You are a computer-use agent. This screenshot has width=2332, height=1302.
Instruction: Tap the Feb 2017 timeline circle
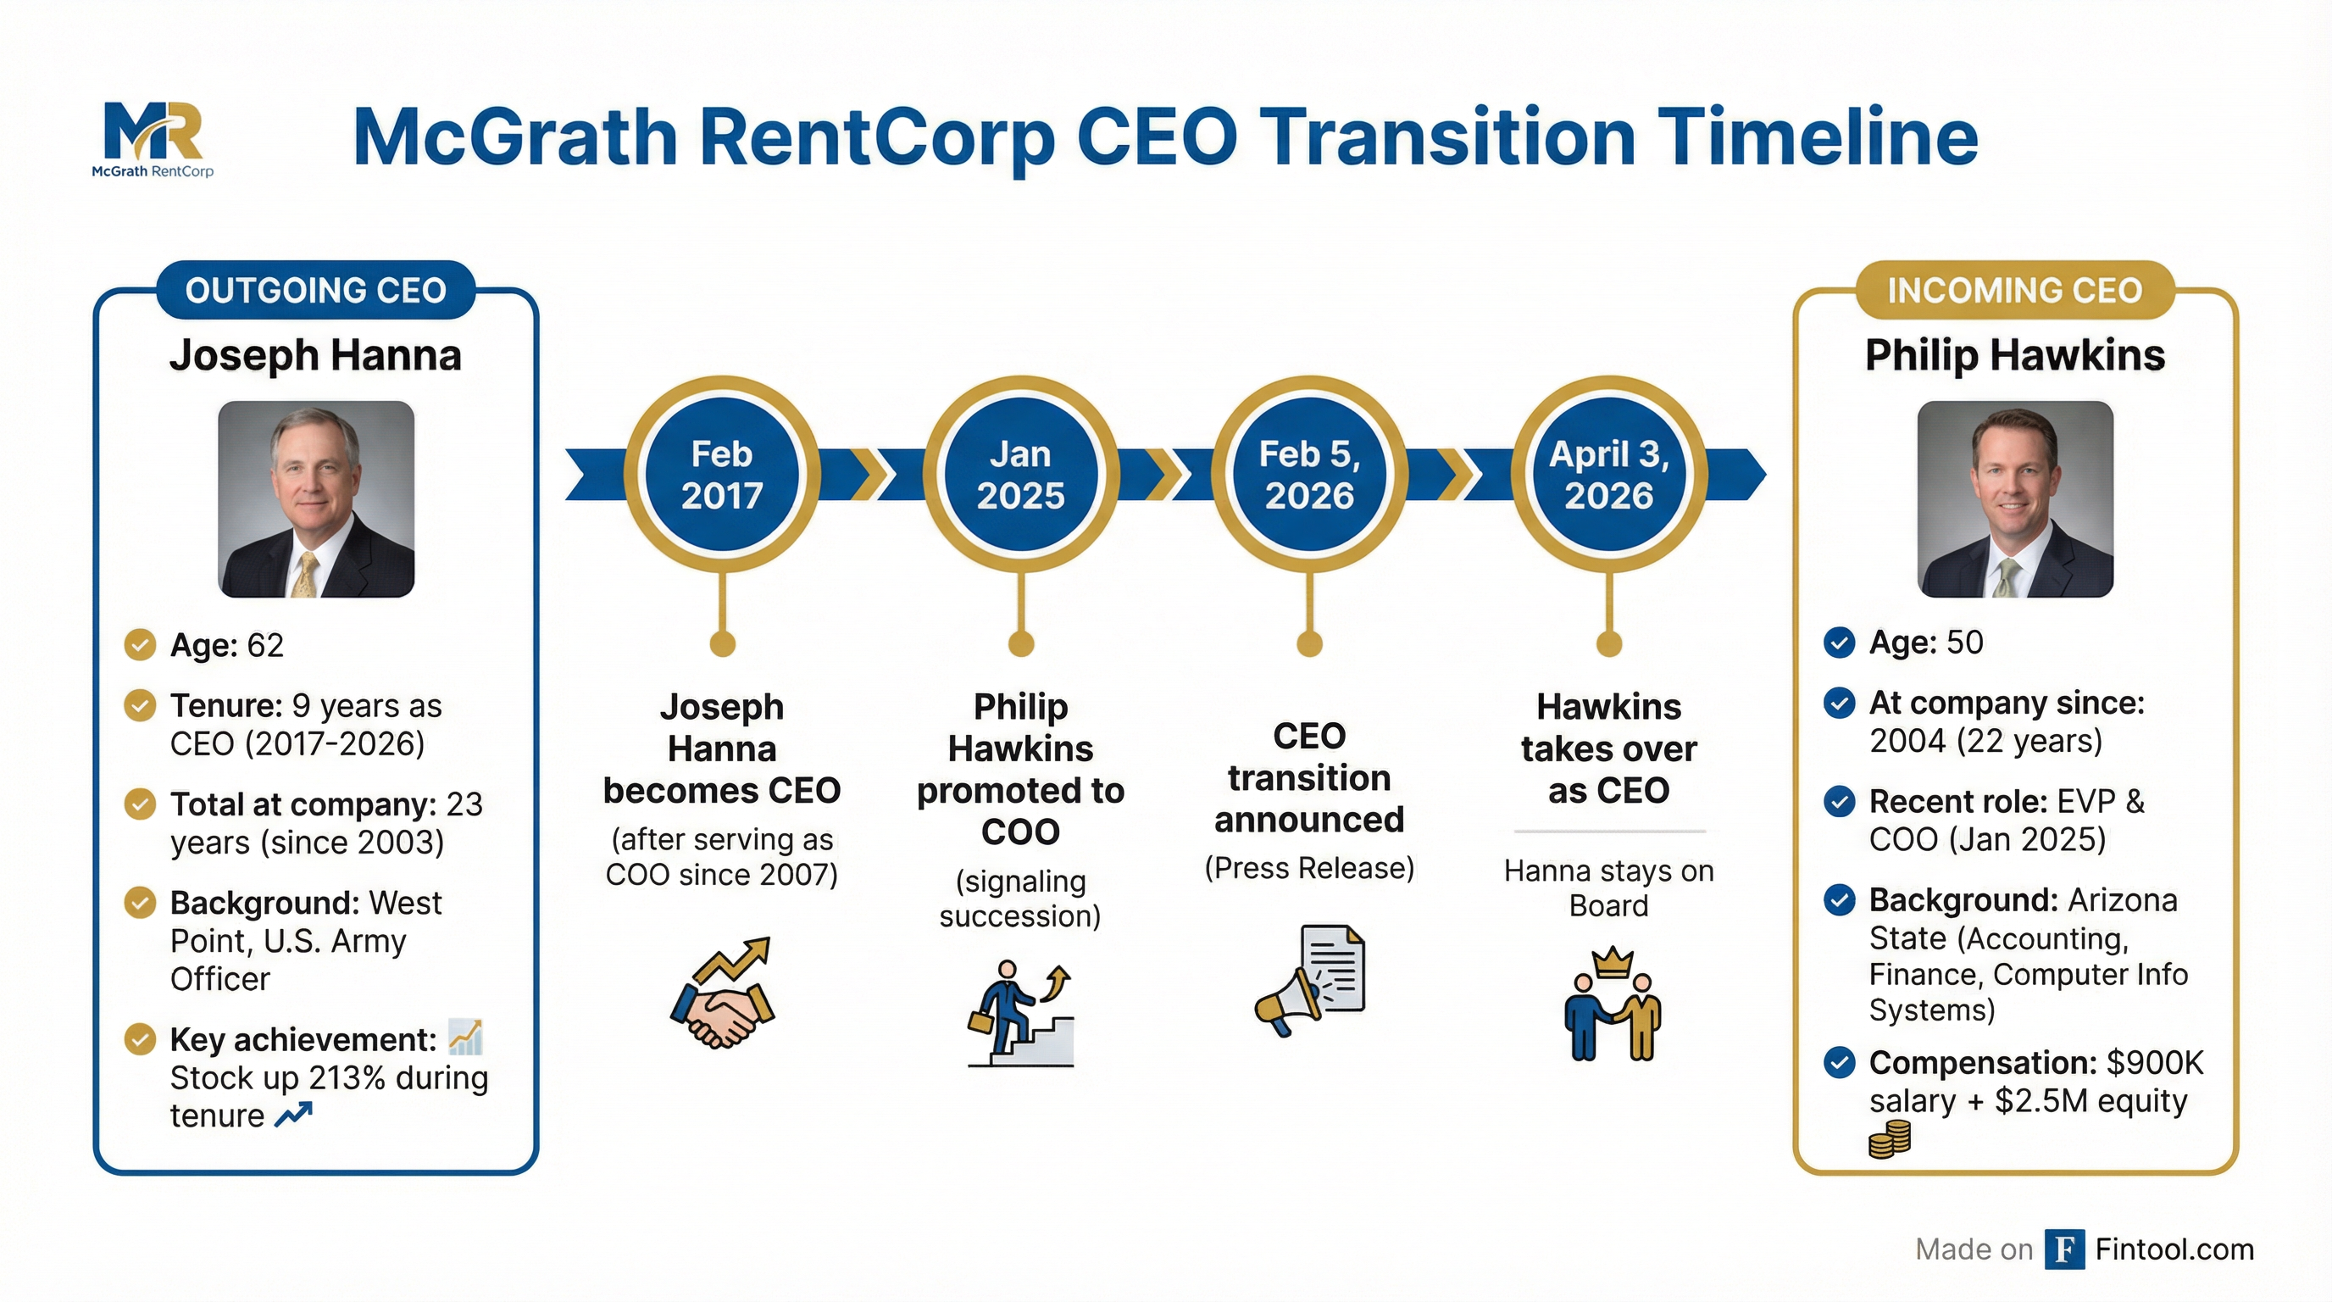(721, 475)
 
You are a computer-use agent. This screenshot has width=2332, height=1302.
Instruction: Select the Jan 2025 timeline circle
(1020, 475)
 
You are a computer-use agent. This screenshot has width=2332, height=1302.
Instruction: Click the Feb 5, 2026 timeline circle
(1309, 475)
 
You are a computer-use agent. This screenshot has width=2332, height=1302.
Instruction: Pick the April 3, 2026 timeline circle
(1608, 475)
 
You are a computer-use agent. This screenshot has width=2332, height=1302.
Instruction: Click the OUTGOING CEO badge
(315, 291)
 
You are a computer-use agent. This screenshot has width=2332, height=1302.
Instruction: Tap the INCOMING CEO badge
(2014, 291)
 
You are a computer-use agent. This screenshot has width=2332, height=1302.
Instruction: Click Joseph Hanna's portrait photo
(316, 499)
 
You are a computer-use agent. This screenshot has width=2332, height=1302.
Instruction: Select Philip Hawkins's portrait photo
(2015, 499)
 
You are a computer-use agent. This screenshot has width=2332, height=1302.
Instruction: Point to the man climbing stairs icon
(1020, 1014)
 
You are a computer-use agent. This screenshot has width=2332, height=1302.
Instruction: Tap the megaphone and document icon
(1309, 980)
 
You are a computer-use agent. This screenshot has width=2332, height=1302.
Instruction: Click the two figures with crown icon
(1612, 1004)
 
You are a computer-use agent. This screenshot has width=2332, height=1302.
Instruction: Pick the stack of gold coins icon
(1890, 1139)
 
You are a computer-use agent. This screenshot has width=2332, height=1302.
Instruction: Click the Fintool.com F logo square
(2064, 1249)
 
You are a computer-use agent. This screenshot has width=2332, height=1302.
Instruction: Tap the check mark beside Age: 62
(140, 645)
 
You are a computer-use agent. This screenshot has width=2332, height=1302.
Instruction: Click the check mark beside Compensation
(1839, 1062)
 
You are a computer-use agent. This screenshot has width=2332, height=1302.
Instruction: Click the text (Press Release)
(1309, 868)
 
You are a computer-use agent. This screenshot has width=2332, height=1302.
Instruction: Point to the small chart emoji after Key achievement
(465, 1038)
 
